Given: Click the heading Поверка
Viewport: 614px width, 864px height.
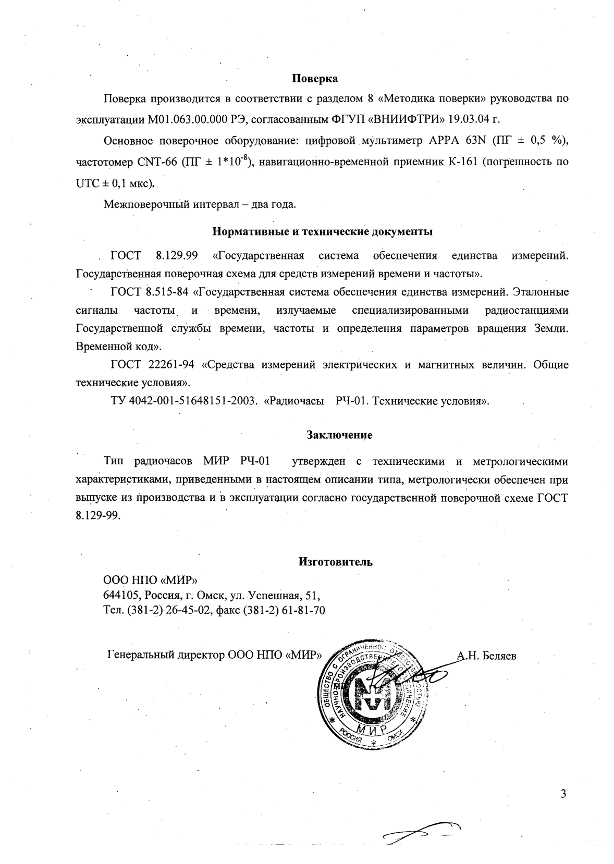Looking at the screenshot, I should coord(314,79).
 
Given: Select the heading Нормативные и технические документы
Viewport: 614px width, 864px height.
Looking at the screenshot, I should coord(323,231).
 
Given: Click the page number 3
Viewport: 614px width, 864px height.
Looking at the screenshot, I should coord(562,794).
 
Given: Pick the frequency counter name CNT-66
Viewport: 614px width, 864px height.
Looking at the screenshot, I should coord(156,162).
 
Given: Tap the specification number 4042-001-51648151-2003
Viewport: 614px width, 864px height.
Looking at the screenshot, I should coord(197,402).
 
